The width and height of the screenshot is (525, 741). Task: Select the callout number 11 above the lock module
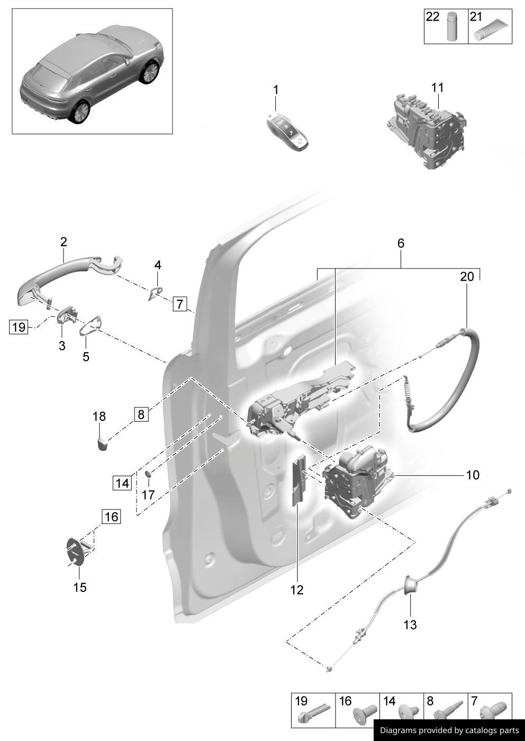point(437,87)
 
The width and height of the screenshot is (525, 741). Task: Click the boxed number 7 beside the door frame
point(180,304)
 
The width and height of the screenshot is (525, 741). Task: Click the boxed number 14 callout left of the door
point(122,483)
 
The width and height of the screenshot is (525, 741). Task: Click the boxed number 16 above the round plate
point(111,516)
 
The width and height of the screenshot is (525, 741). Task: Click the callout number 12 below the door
point(297,590)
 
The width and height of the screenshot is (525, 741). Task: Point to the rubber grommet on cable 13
point(410,585)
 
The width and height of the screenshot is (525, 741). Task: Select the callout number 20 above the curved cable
point(467,276)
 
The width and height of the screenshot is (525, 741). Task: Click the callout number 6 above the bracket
point(401,243)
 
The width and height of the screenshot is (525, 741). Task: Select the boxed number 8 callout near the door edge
point(141,414)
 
